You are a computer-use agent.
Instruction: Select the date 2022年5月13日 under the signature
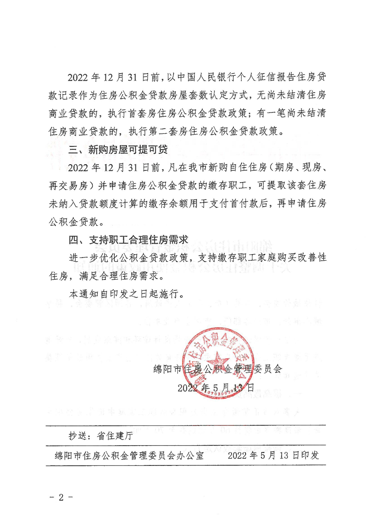click(215, 388)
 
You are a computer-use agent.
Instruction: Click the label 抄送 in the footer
click(77, 436)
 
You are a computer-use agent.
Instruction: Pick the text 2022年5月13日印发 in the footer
click(273, 456)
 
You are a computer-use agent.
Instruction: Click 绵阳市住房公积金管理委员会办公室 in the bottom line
click(129, 456)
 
